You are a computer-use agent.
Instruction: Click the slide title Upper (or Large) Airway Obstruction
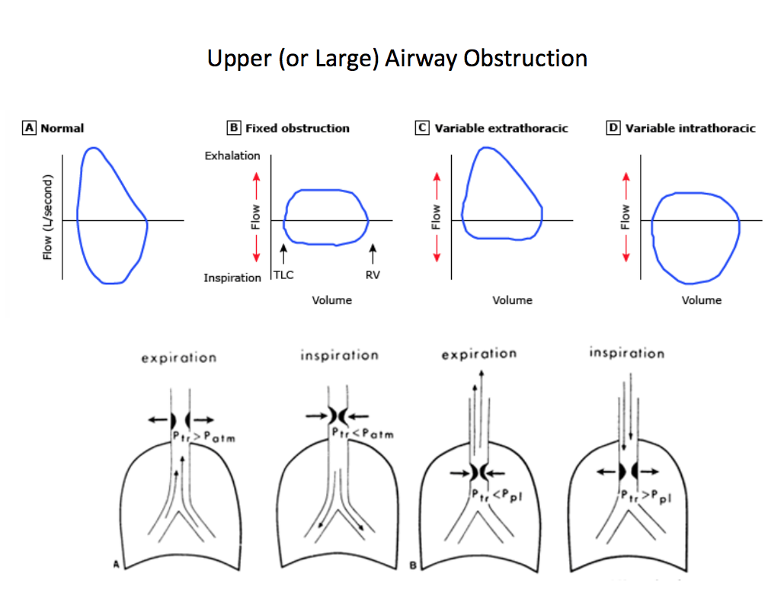[x=397, y=59]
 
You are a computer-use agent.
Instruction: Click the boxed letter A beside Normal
[x=30, y=128]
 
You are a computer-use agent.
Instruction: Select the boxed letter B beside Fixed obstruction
[x=234, y=128]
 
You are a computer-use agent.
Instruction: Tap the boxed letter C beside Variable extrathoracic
[x=422, y=128]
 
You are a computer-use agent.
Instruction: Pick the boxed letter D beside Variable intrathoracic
[x=613, y=128]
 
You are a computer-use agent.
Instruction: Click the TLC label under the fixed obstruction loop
[x=283, y=275]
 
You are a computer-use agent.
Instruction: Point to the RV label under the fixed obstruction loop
[x=373, y=275]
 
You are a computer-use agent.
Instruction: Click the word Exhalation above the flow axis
[x=232, y=155]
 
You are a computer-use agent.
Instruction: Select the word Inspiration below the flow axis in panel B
[x=232, y=277]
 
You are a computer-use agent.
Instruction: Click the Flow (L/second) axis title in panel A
[x=48, y=218]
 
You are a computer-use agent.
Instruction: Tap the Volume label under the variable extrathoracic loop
[x=512, y=300]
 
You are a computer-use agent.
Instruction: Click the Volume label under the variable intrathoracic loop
[x=701, y=300]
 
